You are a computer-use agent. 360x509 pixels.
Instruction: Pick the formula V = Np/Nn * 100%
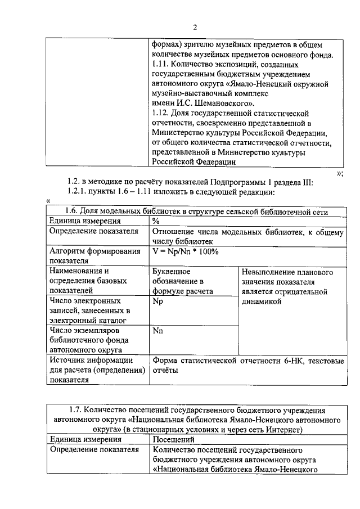(x=186, y=251)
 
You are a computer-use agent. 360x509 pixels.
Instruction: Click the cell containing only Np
(x=157, y=301)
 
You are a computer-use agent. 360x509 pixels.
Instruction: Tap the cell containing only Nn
(x=157, y=331)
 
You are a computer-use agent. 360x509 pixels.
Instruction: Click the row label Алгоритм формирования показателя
(x=94, y=256)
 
